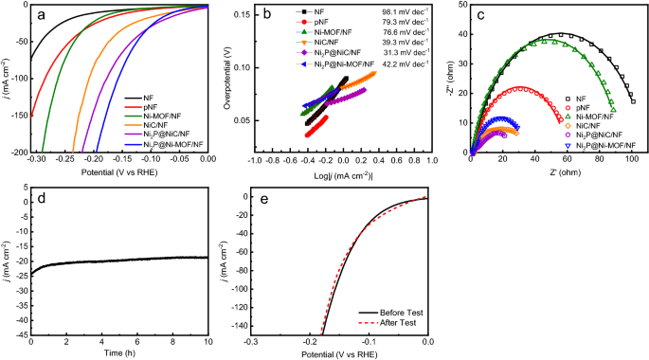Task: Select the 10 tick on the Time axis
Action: tap(207, 342)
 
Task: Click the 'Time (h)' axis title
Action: tap(118, 353)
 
